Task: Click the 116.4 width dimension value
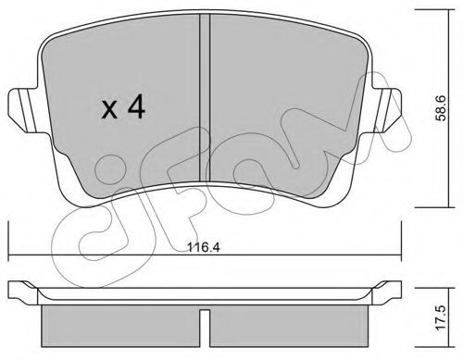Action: click(204, 247)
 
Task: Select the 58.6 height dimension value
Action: click(442, 108)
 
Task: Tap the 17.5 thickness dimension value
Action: click(442, 317)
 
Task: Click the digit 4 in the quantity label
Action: click(136, 106)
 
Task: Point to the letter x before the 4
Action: click(109, 110)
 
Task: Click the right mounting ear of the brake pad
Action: click(386, 111)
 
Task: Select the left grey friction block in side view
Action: click(120, 326)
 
